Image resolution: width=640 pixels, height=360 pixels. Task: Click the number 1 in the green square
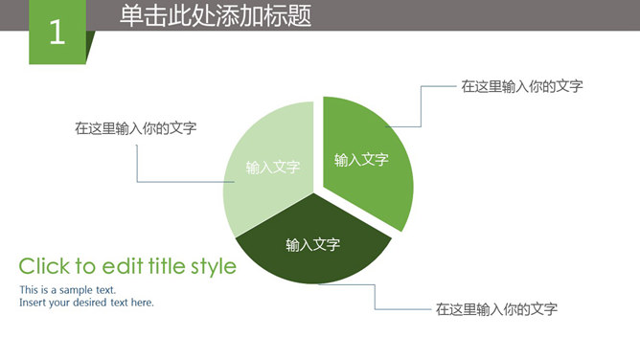click(x=57, y=33)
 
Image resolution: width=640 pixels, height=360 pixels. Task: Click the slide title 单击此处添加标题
click(x=216, y=16)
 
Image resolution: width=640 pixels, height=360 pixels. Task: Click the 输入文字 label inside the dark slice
click(x=313, y=245)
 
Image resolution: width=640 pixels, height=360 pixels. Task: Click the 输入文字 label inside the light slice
click(x=273, y=167)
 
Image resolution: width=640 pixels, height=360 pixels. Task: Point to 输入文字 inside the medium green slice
click(x=361, y=160)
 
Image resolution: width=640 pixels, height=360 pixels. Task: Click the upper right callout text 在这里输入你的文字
click(x=522, y=86)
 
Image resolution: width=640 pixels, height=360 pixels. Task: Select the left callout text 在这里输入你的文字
click(x=136, y=127)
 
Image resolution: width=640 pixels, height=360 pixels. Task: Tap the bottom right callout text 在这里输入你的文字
click(x=496, y=309)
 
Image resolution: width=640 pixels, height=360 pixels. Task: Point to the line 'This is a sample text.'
click(x=67, y=289)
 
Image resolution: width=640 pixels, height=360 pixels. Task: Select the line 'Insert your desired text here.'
click(x=86, y=303)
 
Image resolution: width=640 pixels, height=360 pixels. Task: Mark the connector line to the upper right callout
click(x=420, y=105)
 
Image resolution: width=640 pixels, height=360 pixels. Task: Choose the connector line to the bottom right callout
click(x=376, y=296)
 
